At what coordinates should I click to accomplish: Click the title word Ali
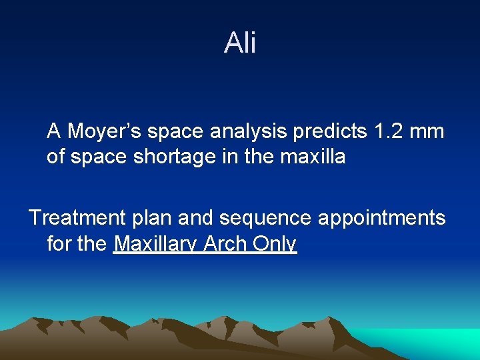tap(240, 43)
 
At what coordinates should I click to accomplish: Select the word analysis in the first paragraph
tap(251, 132)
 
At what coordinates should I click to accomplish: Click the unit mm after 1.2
tap(427, 132)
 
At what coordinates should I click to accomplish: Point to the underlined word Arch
tap(225, 244)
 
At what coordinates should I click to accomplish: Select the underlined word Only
tap(275, 245)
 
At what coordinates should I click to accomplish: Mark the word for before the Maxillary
tap(59, 244)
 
